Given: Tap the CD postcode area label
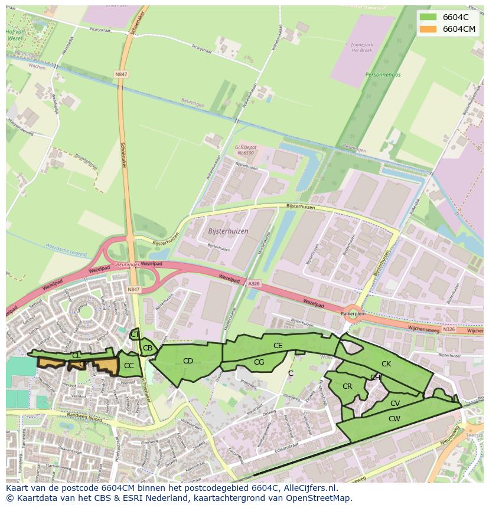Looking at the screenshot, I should click(x=188, y=361).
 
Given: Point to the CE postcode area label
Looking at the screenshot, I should click(x=278, y=346).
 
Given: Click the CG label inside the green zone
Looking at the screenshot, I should click(x=259, y=362).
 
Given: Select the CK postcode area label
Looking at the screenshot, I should click(x=386, y=364).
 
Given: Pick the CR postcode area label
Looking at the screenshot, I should click(x=347, y=386).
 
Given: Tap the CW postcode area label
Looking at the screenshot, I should click(x=395, y=419).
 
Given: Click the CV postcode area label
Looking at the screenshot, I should click(x=395, y=404).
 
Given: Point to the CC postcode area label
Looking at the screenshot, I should click(x=129, y=366).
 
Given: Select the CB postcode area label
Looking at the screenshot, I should click(x=148, y=348).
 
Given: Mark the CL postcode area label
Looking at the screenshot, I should click(x=76, y=356).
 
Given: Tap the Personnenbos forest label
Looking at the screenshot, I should click(x=383, y=75).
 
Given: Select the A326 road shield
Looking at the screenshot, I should click(x=253, y=284).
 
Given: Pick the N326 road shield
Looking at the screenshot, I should click(x=449, y=329).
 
